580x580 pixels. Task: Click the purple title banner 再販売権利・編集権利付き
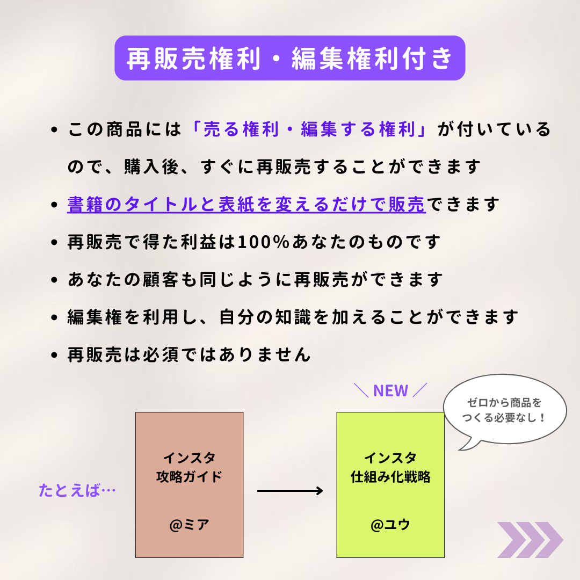pyautogui.click(x=289, y=58)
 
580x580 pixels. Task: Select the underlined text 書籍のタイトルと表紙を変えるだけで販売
pyautogui.click(x=247, y=204)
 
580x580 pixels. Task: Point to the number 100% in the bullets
pyautogui.click(x=263, y=242)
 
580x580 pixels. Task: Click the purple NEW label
pyautogui.click(x=390, y=390)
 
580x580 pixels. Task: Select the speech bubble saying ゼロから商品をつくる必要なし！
pyautogui.click(x=505, y=409)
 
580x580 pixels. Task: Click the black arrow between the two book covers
pyautogui.click(x=290, y=491)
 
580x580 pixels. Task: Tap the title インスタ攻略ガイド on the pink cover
pyautogui.click(x=189, y=467)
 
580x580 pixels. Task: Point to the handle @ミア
pyautogui.click(x=190, y=525)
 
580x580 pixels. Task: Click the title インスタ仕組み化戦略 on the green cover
pyautogui.click(x=390, y=467)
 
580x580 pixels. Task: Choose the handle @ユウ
pyautogui.click(x=390, y=525)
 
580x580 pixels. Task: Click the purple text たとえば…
pyautogui.click(x=77, y=490)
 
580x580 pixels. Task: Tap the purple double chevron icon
pyautogui.click(x=530, y=540)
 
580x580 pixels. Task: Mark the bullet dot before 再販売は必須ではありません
pyautogui.click(x=54, y=356)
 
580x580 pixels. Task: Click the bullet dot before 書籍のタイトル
pyautogui.click(x=54, y=205)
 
